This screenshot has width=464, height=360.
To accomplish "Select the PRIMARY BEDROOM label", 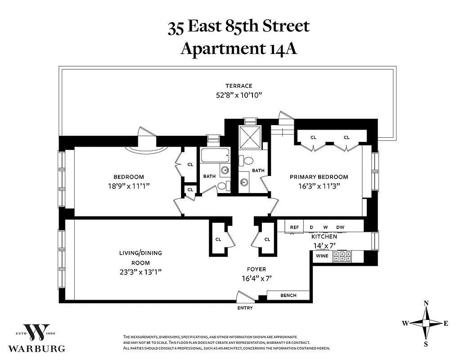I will (x=319, y=177).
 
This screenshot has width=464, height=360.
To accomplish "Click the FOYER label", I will (x=256, y=269).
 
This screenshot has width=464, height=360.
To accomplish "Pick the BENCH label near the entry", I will (x=288, y=295).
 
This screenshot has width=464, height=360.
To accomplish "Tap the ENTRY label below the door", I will (x=245, y=308).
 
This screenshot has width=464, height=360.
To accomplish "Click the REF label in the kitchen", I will (x=294, y=227).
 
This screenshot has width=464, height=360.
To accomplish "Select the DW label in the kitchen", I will (x=340, y=227).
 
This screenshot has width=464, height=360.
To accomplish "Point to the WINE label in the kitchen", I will (x=322, y=256).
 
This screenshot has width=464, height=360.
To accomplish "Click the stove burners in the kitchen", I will (x=342, y=256).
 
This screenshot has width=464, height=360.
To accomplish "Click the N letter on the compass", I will (x=426, y=303).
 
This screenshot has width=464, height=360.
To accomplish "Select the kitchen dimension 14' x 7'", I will (x=324, y=245).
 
